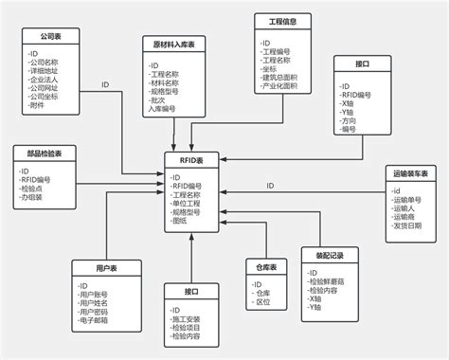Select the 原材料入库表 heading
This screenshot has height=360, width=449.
pyautogui.click(x=173, y=45)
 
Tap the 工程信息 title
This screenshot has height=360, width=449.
pyautogui.click(x=283, y=21)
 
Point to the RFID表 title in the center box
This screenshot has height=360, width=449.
pyautogui.click(x=192, y=160)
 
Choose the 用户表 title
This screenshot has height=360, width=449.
pyautogui.click(x=104, y=270)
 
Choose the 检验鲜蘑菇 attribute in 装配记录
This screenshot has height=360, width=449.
pyautogui.click(x=331, y=281)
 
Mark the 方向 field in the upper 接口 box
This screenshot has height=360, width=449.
pyautogui.click(x=354, y=120)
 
